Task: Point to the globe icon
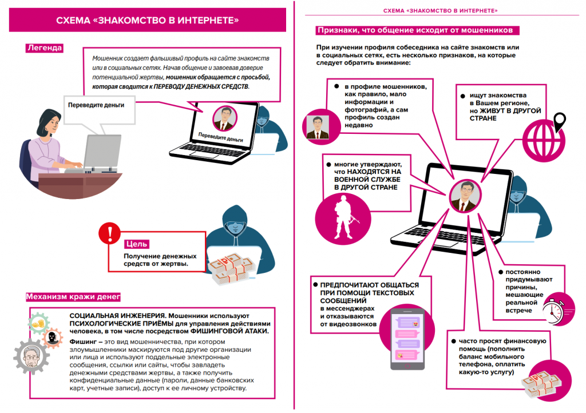tap(540, 137)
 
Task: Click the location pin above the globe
tap(560, 121)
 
